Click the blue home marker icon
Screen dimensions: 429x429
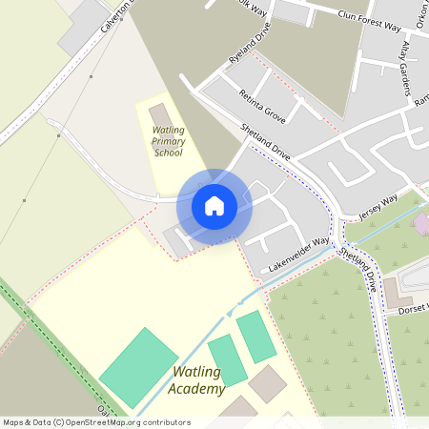pyautogui.click(x=214, y=206)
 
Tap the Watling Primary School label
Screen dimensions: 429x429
pyautogui.click(x=168, y=140)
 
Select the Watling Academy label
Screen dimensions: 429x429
pyautogui.click(x=197, y=380)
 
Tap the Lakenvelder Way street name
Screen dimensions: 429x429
pyautogui.click(x=297, y=255)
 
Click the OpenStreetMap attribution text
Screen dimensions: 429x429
pyautogui.click(x=95, y=422)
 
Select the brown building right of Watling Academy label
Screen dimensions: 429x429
pyautogui.click(x=267, y=383)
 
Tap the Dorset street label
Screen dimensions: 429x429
pyautogui.click(x=414, y=308)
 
